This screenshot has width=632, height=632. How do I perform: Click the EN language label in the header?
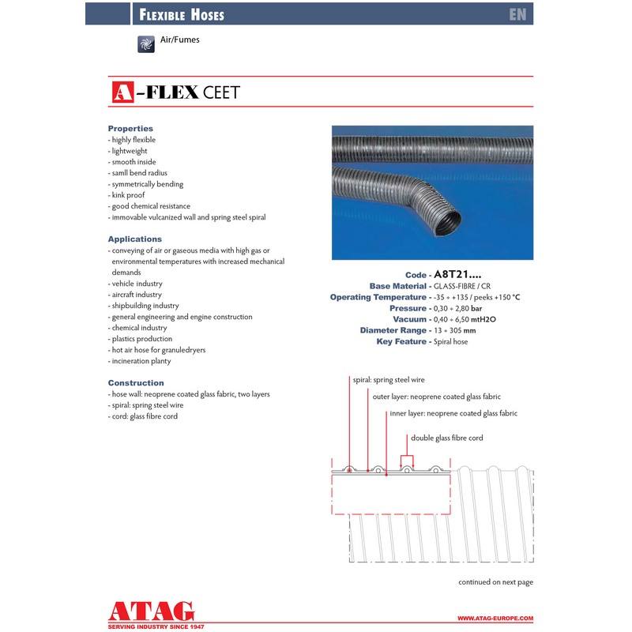pyautogui.click(x=518, y=14)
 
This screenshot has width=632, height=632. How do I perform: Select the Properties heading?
pyautogui.click(x=130, y=128)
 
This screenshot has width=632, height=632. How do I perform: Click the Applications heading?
pyautogui.click(x=134, y=239)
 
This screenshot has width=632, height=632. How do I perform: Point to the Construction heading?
pyautogui.click(x=136, y=382)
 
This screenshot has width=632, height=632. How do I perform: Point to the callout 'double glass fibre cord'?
pyautogui.click(x=446, y=438)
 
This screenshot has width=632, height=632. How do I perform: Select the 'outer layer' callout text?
pyautogui.click(x=437, y=397)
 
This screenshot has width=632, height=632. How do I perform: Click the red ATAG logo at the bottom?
pyautogui.click(x=149, y=611)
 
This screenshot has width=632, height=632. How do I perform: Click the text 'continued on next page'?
pyautogui.click(x=495, y=582)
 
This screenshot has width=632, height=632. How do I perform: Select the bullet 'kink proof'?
pyautogui.click(x=127, y=194)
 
